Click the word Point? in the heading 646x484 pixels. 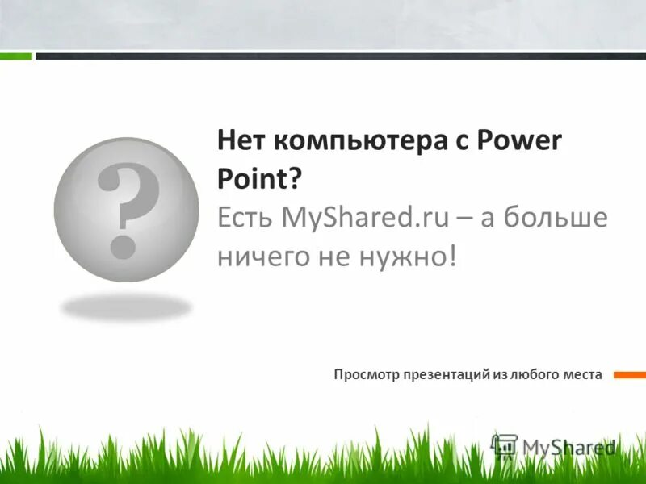point(258,180)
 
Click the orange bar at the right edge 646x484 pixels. point(630,374)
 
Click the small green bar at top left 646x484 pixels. point(16,56)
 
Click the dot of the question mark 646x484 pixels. point(124,245)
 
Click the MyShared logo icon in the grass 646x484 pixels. point(505,446)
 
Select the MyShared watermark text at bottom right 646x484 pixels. point(568,447)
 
